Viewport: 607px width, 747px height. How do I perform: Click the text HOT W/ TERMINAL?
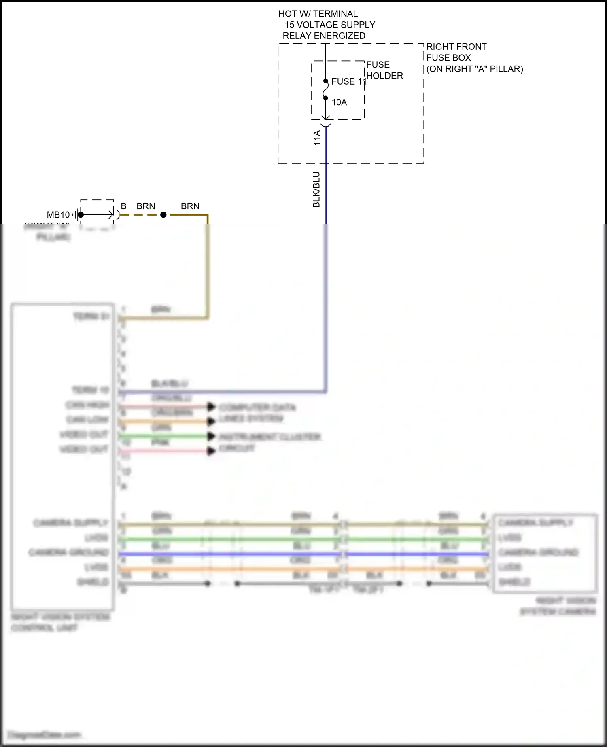(318, 14)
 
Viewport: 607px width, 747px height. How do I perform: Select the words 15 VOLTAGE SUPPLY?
(330, 25)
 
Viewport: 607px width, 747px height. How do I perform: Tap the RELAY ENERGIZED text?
(324, 36)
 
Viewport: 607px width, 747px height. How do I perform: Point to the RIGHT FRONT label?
(456, 47)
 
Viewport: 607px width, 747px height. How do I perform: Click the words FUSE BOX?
(448, 57)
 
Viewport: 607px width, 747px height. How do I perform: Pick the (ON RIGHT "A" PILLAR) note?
(474, 69)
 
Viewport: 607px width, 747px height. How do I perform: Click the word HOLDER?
(384, 76)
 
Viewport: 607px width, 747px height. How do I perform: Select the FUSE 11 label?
(348, 81)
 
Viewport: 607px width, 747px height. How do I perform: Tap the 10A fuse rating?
(339, 102)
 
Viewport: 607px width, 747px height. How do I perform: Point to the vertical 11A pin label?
(317, 138)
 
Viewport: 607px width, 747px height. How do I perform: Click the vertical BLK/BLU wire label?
(316, 189)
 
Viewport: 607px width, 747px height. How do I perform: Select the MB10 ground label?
(58, 215)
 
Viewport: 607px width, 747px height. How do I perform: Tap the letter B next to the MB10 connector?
(123, 206)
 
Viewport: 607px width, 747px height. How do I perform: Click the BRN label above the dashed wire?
(146, 206)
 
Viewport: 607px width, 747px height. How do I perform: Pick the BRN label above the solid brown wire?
(190, 206)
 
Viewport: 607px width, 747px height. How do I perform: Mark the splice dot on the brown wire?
(163, 215)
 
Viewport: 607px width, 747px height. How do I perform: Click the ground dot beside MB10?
(81, 215)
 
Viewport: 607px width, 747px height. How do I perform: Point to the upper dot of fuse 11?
(326, 81)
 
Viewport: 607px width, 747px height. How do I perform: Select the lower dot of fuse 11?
(326, 98)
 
